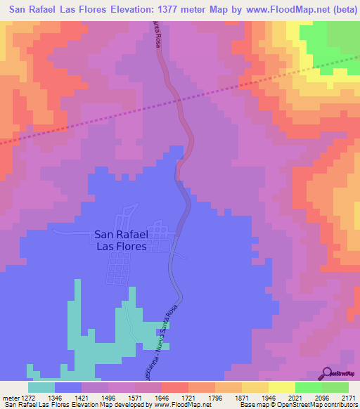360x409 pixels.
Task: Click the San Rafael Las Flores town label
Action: coord(120,241)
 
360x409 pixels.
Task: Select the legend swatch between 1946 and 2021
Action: coord(281,387)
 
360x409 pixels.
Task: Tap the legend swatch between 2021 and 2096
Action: coord(308,387)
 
